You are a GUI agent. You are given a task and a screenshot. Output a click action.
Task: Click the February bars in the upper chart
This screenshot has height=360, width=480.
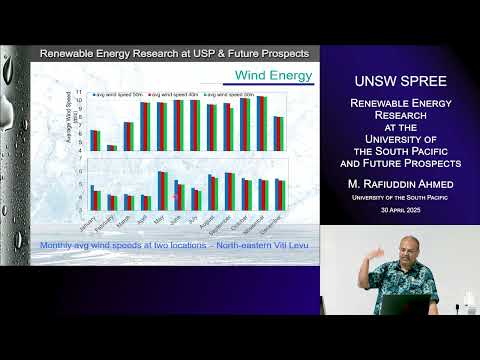click(x=112, y=147)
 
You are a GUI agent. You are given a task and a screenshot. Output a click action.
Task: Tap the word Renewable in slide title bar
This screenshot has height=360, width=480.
click(x=67, y=52)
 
